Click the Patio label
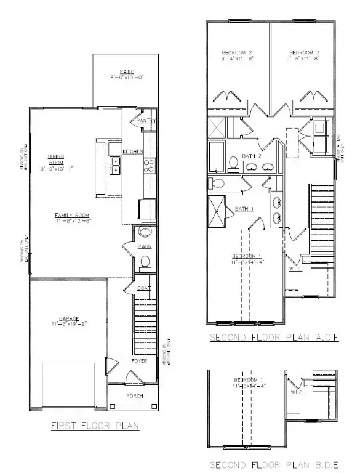click(128, 72)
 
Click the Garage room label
click(69, 318)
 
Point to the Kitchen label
click(133, 152)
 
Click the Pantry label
click(145, 120)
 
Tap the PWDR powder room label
click(145, 246)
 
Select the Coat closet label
click(144, 288)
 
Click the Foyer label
click(139, 361)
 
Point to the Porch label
click(135, 396)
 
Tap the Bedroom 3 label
click(303, 52)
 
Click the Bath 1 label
click(244, 209)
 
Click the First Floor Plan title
click(95, 425)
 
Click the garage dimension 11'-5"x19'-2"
click(69, 324)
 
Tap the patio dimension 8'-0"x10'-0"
click(128, 78)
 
